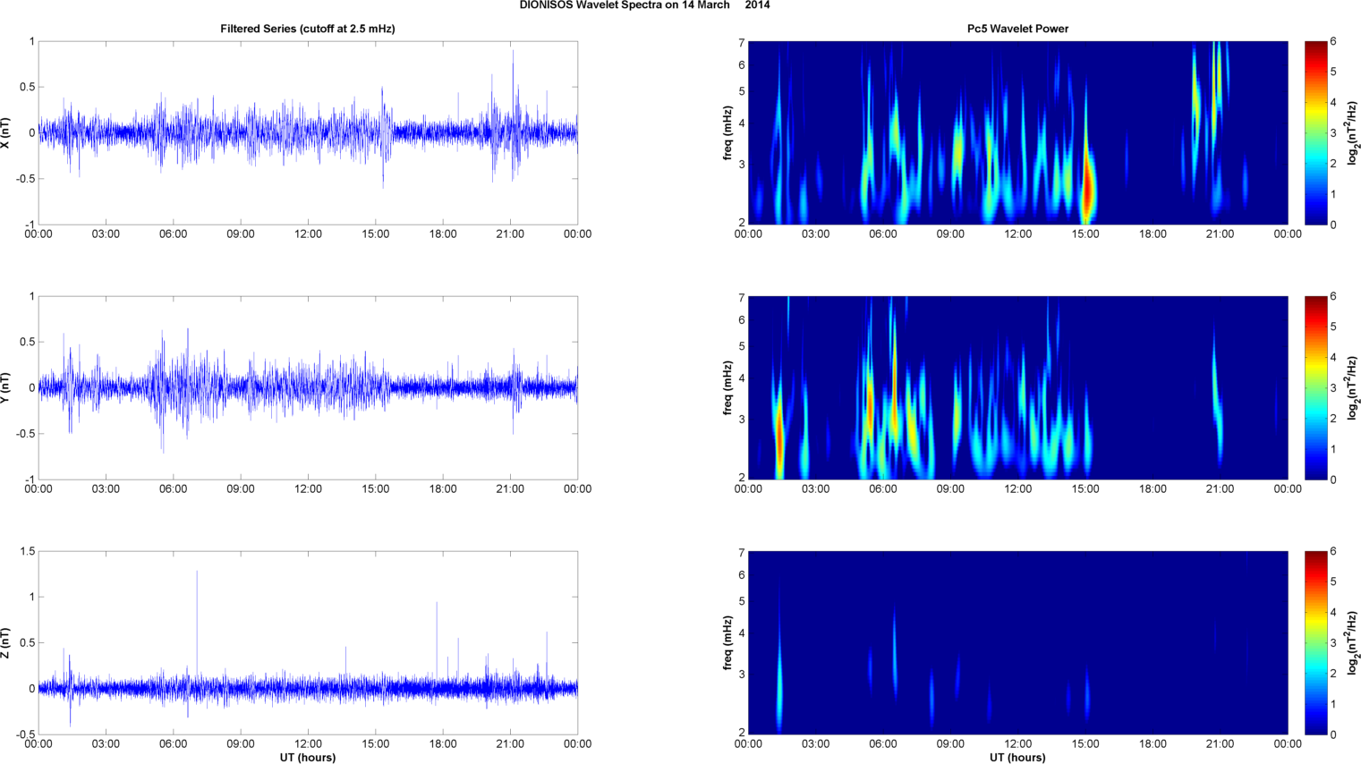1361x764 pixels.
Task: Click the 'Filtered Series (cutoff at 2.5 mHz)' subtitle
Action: [307, 29]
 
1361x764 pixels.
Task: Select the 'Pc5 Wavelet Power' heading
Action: [1017, 29]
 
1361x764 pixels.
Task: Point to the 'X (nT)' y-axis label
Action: [6, 132]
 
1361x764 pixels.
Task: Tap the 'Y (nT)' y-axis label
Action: [6, 387]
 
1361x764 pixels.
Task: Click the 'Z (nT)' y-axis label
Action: [6, 642]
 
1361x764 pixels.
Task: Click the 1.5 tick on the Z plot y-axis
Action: [27, 552]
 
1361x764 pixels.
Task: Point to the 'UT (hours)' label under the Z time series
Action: [307, 758]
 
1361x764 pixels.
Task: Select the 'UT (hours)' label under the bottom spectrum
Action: [1017, 758]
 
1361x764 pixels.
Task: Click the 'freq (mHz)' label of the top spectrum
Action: [728, 132]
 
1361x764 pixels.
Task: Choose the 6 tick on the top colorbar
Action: [1333, 42]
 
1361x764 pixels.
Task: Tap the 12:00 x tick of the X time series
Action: [308, 234]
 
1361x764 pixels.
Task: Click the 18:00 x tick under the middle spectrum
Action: [1153, 489]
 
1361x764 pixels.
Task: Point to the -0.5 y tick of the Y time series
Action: [24, 434]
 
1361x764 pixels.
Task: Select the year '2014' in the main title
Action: [757, 5]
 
